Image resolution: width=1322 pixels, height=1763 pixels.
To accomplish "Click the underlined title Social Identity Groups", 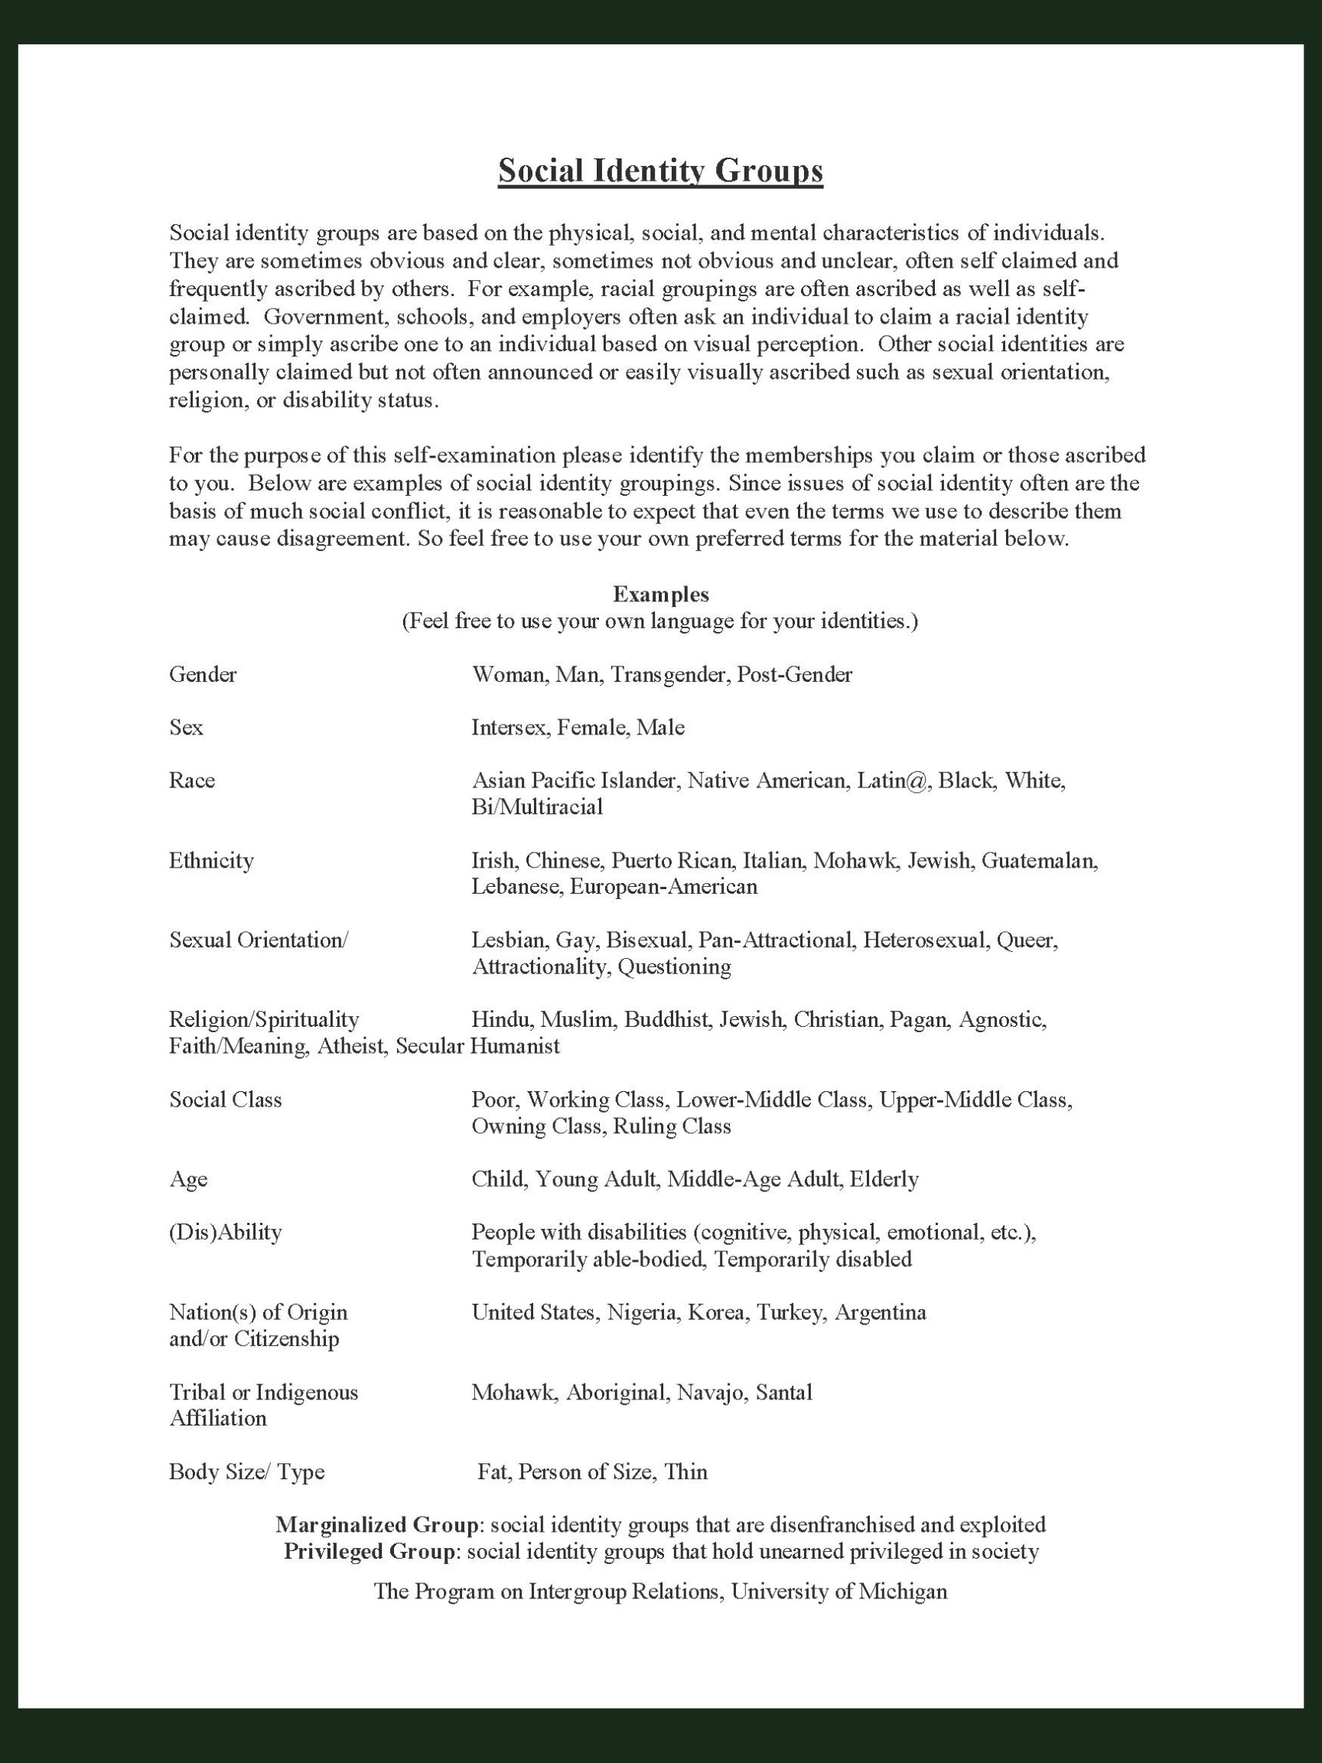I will click(x=660, y=171).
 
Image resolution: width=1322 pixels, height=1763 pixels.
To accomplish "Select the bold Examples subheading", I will click(x=660, y=594).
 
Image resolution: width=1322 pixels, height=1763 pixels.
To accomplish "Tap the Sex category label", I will click(x=186, y=727).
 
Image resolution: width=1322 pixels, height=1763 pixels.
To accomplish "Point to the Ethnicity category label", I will click(x=211, y=860).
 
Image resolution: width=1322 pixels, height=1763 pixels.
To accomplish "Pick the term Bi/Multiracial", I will click(x=537, y=807).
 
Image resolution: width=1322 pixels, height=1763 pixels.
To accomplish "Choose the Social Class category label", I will click(x=226, y=1099).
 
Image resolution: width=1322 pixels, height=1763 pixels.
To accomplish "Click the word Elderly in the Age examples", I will click(x=884, y=1179).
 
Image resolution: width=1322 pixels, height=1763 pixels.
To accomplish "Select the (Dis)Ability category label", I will click(x=226, y=1232).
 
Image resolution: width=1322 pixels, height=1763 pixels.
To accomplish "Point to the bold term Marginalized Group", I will click(x=378, y=1525).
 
